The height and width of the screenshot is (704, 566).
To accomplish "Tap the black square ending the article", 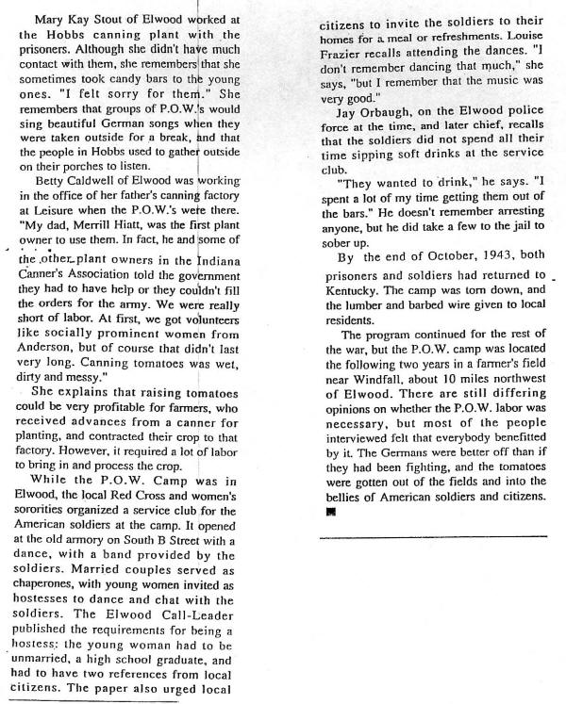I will coord(331,515).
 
